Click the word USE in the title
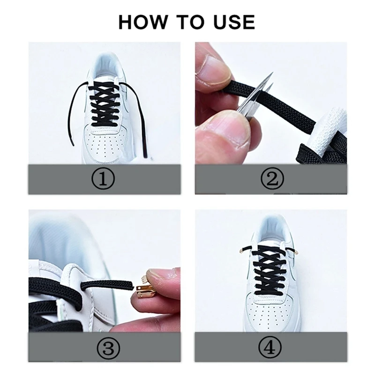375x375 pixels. (x=232, y=22)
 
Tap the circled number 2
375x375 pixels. (x=271, y=179)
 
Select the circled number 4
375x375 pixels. (x=271, y=348)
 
